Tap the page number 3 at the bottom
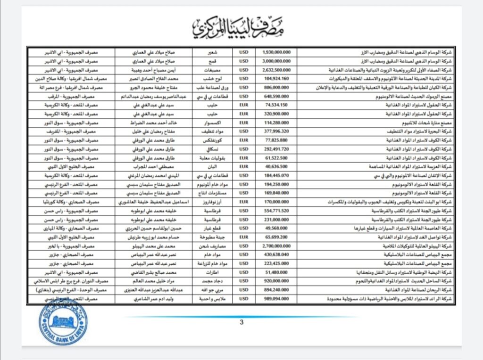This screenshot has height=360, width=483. (x=241, y=322)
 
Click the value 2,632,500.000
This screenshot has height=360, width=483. (x=276, y=69)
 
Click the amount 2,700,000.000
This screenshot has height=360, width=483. (x=276, y=246)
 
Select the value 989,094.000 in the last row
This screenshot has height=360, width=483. (x=276, y=298)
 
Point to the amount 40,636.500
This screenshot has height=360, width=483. (x=276, y=166)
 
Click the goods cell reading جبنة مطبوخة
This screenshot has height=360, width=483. (x=213, y=237)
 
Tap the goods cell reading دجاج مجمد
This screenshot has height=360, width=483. (x=213, y=281)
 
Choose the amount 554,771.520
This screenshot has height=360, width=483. (x=276, y=210)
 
